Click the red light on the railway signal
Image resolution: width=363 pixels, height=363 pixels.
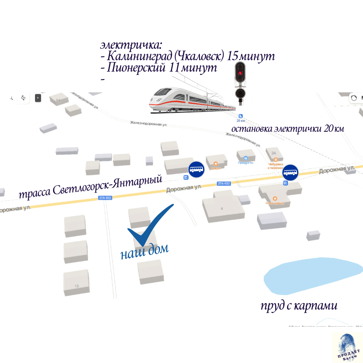pyautogui.click(x=240, y=73)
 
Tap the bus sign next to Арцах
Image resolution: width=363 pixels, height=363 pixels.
pyautogui.click(x=196, y=169)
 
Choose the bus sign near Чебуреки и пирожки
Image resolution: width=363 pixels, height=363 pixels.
pyautogui.click(x=290, y=172)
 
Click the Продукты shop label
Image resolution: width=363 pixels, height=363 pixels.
pyautogui.click(x=246, y=163)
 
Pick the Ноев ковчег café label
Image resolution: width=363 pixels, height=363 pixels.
pyautogui.click(x=275, y=203)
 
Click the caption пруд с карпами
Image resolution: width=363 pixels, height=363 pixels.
pyautogui.click(x=299, y=306)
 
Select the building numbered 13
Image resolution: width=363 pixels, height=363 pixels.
pyautogui.click(x=77, y=283)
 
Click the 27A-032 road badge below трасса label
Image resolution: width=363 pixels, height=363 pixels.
pyautogui.click(x=105, y=198)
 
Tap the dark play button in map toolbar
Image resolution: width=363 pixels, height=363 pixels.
pyautogui.click(x=38, y=98)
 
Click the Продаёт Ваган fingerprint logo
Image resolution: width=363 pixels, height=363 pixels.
pyautogui.click(x=347, y=347)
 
